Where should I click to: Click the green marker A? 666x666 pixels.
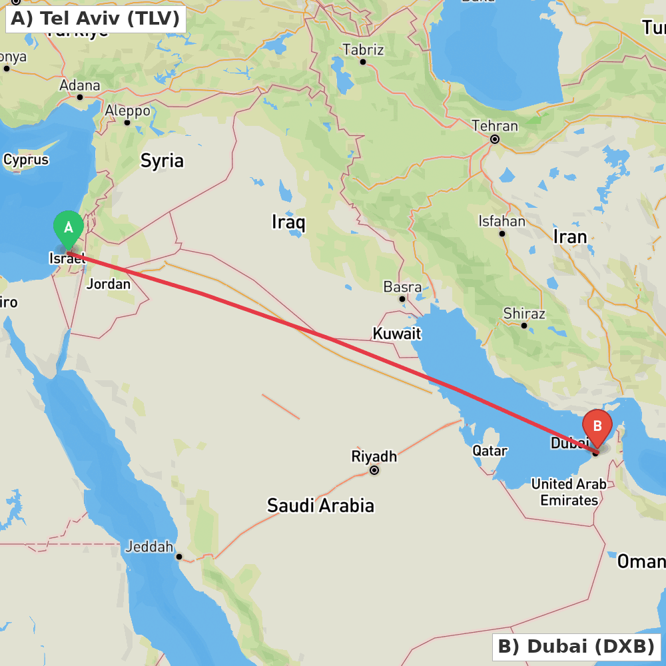click(68, 228)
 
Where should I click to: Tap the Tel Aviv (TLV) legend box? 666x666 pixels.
click(95, 18)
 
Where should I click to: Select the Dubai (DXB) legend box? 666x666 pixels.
click(576, 646)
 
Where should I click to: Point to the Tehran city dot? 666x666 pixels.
click(495, 139)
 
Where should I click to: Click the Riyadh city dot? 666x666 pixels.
click(374, 470)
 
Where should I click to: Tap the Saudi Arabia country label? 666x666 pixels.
click(320, 505)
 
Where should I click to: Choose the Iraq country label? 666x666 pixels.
click(288, 222)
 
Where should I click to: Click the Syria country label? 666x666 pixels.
click(162, 161)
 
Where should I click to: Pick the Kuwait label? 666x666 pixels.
click(397, 333)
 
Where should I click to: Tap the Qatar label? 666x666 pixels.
click(490, 451)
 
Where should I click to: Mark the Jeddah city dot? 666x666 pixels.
click(178, 557)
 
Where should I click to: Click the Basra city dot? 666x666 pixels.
click(402, 299)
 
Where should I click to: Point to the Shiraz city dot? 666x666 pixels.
click(524, 326)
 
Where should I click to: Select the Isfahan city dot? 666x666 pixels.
click(502, 233)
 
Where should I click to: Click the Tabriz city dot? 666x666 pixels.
click(363, 62)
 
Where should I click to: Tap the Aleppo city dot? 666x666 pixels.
click(127, 122)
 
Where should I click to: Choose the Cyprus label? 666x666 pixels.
click(26, 160)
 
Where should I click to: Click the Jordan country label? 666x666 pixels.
click(109, 284)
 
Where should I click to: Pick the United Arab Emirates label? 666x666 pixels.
click(569, 492)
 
